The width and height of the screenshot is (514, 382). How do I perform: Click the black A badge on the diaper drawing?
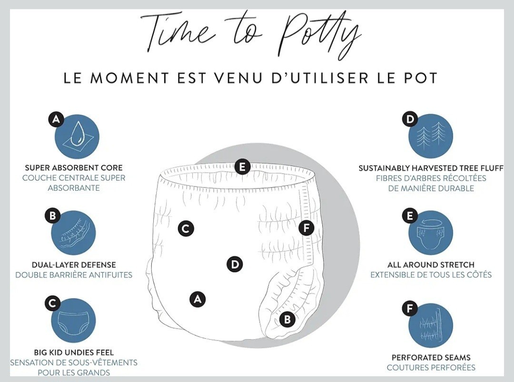[x=198, y=299]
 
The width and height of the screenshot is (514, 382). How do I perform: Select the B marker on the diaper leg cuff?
[x=287, y=319]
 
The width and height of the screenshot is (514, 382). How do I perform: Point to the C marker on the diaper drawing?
[x=186, y=228]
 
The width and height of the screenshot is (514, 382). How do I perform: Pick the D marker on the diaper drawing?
[x=235, y=264]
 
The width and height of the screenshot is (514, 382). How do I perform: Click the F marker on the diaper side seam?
[x=306, y=228]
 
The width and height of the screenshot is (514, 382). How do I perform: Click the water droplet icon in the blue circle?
[x=77, y=137]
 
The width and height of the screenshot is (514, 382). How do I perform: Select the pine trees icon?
[x=431, y=137]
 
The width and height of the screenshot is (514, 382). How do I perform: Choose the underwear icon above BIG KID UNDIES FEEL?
[x=73, y=321]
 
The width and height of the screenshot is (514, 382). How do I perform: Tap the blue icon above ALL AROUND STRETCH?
[x=431, y=233]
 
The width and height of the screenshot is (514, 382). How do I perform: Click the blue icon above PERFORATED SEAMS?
[x=431, y=326]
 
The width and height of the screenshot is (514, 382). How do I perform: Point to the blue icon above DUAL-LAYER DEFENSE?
[x=73, y=233]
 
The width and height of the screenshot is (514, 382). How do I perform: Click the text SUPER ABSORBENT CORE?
[x=74, y=168]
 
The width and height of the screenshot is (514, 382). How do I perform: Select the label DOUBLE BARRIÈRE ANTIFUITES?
[x=74, y=275]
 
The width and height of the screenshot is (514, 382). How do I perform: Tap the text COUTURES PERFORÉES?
[x=431, y=368]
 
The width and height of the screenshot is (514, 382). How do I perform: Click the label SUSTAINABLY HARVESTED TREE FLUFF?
[x=431, y=168]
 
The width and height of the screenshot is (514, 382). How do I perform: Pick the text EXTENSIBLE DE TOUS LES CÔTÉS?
[x=431, y=275]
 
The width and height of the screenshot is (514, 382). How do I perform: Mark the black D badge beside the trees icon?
[x=410, y=119]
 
